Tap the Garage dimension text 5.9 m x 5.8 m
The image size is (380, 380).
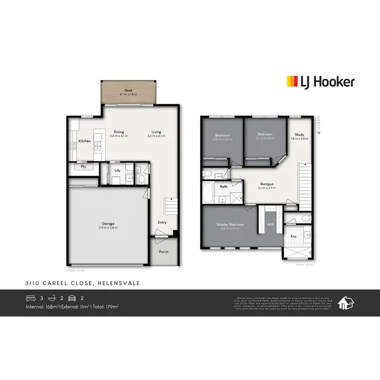click(108, 227)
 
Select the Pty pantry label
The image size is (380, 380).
click(83, 166)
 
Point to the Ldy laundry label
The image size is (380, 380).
click(117, 170)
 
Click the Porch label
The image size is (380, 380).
click(164, 252)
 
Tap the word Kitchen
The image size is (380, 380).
click(85, 141)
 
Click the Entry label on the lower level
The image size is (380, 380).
click(162, 222)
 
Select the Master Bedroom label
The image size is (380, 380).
click(230, 224)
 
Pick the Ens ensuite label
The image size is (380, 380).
click(293, 236)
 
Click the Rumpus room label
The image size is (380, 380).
click(267, 184)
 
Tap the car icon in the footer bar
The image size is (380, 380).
click(72, 298)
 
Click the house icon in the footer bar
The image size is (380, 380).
click(347, 302)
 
